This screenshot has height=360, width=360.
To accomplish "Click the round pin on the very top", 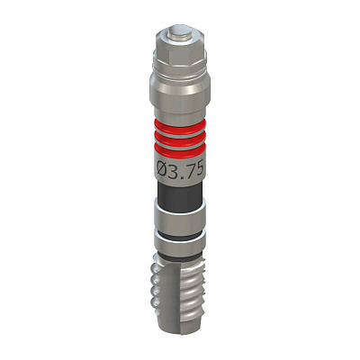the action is click(179, 32).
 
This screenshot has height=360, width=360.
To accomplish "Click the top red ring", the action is click(180, 125).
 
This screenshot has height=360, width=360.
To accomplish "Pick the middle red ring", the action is click(180, 139).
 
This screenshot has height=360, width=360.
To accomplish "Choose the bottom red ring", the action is click(180, 151).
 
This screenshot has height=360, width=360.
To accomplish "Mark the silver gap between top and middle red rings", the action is click(180, 132).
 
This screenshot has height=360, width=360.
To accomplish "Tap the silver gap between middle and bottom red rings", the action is click(180, 145).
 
